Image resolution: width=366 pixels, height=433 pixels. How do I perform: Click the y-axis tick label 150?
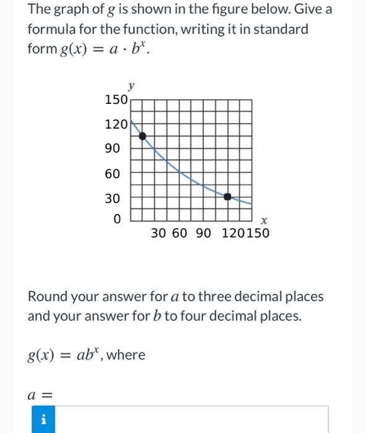pos(116,100)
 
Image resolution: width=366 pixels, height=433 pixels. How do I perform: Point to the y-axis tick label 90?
pos(113,149)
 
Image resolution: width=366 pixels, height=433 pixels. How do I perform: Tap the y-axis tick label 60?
pos(113,174)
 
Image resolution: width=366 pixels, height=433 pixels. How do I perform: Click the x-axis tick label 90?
pos(203,233)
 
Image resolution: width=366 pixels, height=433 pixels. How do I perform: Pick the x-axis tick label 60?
pos(180,233)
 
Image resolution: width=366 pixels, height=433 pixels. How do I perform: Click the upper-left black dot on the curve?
pos(142,135)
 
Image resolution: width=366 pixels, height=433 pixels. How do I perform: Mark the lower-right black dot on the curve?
pos(228,196)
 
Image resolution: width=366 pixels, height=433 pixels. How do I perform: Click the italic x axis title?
pos(263,220)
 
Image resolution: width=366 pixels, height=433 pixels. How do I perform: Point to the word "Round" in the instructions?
pos(48,296)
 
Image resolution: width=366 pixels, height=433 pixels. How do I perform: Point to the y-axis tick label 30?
pos(113,199)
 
